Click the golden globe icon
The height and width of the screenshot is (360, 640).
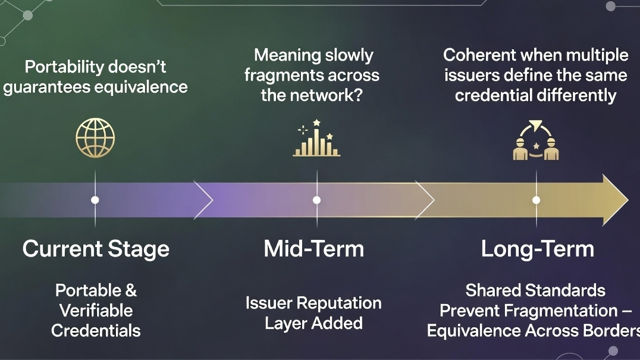pyautogui.click(x=95, y=137)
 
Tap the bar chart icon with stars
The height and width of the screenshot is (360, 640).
pyautogui.click(x=316, y=140)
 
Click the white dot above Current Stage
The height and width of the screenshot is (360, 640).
pyautogui.click(x=95, y=200)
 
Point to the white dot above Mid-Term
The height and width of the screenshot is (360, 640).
pyautogui.click(x=316, y=200)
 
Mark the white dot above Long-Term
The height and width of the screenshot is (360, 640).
pyautogui.click(x=536, y=200)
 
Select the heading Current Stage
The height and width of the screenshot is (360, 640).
pyautogui.click(x=96, y=249)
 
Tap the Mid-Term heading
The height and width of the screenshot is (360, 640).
pyautogui.click(x=313, y=249)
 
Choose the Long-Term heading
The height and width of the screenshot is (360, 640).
pyautogui.click(x=537, y=249)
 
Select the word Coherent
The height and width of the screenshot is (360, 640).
pyautogui.click(x=479, y=55)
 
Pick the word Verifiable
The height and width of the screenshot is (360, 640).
pyautogui.click(x=96, y=311)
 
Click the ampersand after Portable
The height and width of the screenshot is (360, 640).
pyautogui.click(x=130, y=290)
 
